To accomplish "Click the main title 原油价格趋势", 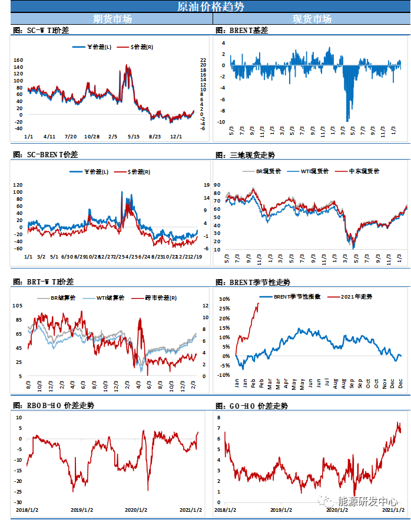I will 206,6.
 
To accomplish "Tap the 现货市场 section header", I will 312,19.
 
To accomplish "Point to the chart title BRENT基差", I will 241,30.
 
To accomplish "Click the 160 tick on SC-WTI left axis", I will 18,60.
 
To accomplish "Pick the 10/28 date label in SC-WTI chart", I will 92,137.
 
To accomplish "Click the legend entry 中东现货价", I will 365,171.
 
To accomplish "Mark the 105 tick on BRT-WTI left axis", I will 17,306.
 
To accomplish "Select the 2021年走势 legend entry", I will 356,296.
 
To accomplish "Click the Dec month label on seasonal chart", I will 400,383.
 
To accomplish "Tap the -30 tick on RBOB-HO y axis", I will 18,502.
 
